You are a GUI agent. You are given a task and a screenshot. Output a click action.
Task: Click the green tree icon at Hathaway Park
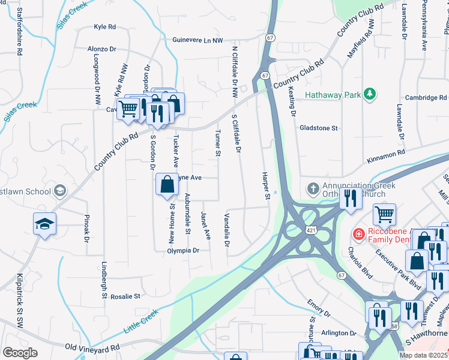pos(370,94)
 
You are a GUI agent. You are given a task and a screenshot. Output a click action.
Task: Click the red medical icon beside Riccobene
pos(358,233)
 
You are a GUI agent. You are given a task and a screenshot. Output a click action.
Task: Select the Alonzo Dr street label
pos(101,48)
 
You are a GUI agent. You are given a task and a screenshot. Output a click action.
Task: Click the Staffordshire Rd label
pos(20,32)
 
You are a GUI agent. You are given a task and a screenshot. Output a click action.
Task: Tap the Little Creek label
pos(140,322)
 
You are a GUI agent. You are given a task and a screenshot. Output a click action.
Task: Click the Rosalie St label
pos(124,296)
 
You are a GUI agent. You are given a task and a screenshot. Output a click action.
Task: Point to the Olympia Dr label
pos(182,250)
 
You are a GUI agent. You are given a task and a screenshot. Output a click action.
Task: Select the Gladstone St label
pos(319,128)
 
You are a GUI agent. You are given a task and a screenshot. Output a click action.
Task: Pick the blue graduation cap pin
pos(44,224)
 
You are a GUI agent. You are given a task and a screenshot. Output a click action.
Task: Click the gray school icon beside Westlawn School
pos(59,191)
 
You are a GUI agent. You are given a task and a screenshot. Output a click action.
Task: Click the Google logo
pos(20,353)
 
